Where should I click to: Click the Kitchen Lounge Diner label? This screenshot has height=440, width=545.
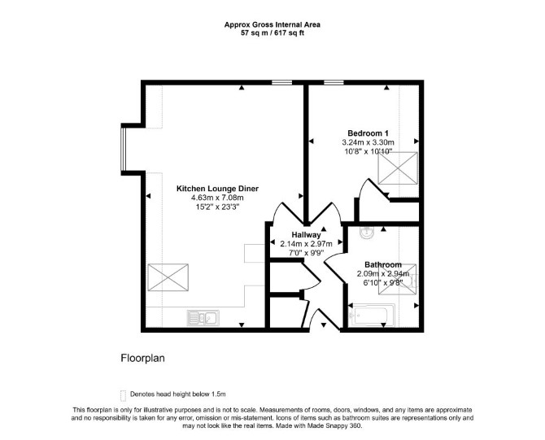[x=217, y=189]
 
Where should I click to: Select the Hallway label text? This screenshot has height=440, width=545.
[x=306, y=234]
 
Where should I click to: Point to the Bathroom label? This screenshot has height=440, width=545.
[x=383, y=265]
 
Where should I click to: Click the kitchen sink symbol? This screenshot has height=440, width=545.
[x=203, y=318]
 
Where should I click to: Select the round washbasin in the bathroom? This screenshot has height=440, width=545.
[x=366, y=233]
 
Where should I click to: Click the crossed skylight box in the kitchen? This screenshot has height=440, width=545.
[x=168, y=277]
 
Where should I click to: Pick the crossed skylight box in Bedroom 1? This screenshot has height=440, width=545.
[x=398, y=168]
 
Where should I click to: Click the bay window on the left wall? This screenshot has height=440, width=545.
[x=123, y=149]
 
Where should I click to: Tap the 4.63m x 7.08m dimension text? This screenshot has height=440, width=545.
[x=217, y=198]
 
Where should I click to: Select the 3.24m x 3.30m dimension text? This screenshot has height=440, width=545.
[x=368, y=142]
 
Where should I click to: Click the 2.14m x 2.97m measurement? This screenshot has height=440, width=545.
[x=306, y=244]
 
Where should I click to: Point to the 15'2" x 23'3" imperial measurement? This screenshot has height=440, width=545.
[x=217, y=207]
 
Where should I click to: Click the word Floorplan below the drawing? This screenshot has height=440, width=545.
[x=142, y=359]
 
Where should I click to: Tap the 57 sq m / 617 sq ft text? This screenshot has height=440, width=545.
[x=272, y=33]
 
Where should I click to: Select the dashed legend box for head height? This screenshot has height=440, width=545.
[x=123, y=395]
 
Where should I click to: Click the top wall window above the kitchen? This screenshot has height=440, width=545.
[x=282, y=82]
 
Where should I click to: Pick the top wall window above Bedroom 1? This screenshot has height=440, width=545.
[x=334, y=82]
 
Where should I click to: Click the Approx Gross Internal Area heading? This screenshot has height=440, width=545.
[x=272, y=24]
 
